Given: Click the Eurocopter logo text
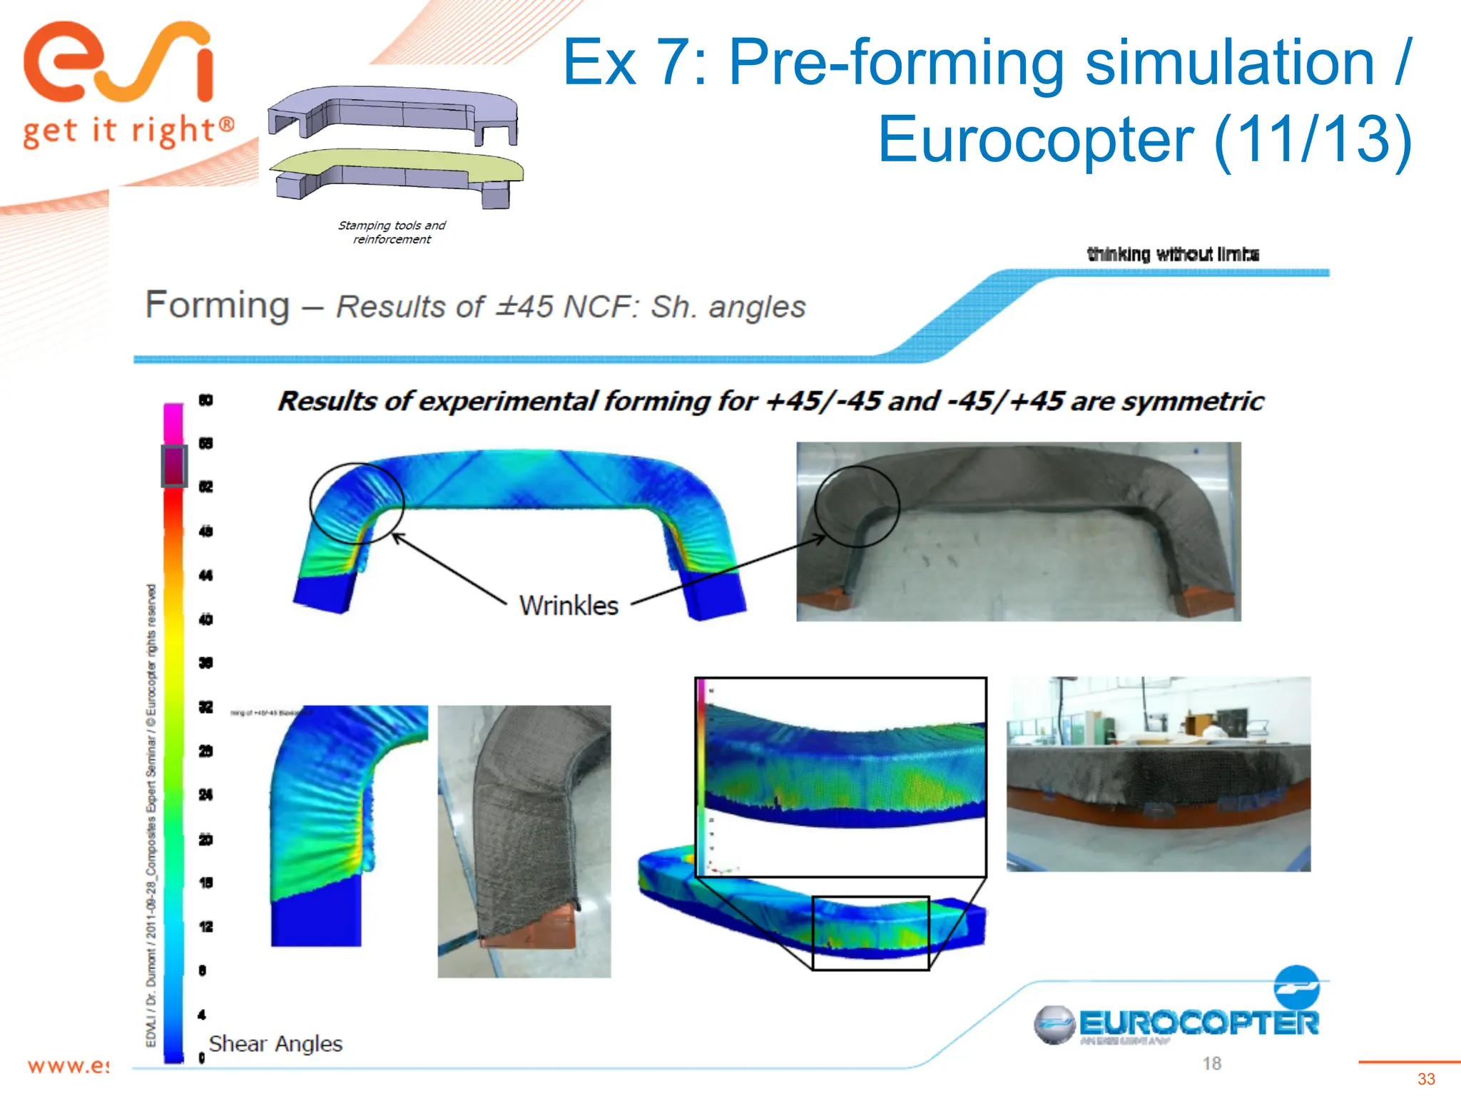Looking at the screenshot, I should [x=1198, y=1023].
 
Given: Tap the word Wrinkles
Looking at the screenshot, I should [x=569, y=606].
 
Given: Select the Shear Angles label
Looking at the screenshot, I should [x=275, y=1044].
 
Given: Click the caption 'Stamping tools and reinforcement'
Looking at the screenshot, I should [x=392, y=233].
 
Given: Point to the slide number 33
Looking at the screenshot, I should [x=1426, y=1079].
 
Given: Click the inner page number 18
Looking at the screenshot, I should [x=1211, y=1064].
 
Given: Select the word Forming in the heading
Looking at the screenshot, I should [x=218, y=305].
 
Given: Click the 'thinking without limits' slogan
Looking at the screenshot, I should [x=1173, y=254].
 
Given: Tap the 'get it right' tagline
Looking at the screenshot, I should [x=128, y=132].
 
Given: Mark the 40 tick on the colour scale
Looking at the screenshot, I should [x=205, y=619].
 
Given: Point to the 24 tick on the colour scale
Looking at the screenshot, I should [x=205, y=795].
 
